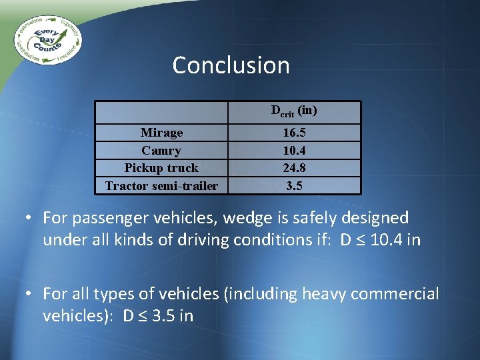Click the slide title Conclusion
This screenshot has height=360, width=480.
click(231, 65)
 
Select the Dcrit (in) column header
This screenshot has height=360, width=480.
click(294, 111)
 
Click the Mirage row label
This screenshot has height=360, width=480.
click(161, 133)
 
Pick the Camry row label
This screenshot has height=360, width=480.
click(161, 151)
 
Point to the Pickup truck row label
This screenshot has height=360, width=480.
click(161, 168)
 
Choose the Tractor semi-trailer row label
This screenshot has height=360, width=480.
click(161, 186)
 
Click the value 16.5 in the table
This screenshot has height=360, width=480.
click(294, 133)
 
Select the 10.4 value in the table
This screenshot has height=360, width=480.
click(294, 151)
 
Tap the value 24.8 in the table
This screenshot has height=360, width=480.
click(294, 168)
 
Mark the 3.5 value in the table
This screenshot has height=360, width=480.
click(294, 186)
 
